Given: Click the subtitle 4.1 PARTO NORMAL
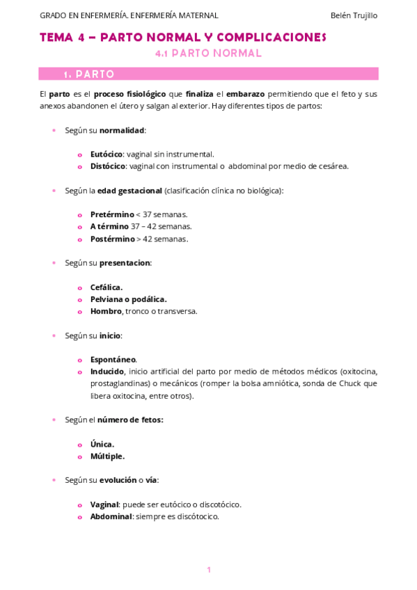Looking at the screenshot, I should click(x=208, y=53).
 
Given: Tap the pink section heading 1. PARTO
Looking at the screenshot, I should click(x=89, y=74).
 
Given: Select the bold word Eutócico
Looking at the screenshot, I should click(x=106, y=154).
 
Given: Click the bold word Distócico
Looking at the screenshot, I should click(x=107, y=166).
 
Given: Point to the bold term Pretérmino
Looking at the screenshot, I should click(x=111, y=214).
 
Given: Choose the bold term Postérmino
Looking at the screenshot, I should click(x=112, y=239).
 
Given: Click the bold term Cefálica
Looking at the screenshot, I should click(x=106, y=287).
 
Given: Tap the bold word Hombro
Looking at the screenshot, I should click(x=105, y=311).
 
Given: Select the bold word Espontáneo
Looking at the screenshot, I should click(x=113, y=359).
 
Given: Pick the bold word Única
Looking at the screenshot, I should click(x=102, y=444).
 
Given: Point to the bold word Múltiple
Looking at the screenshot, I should click(x=107, y=456).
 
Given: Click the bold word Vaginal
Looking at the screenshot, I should click(x=104, y=504).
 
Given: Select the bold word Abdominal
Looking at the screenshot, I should click(x=111, y=516).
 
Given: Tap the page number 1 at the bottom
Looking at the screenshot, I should click(x=208, y=570).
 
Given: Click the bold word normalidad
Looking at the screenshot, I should click(x=123, y=130).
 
